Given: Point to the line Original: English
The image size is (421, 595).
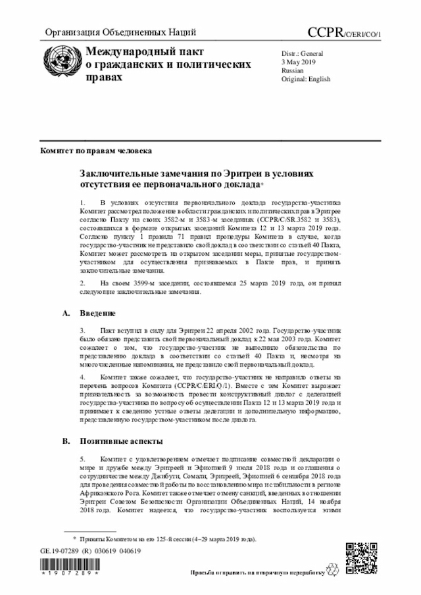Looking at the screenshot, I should pos(307,78).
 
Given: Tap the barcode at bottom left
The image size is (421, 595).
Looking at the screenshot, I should pos(71,565).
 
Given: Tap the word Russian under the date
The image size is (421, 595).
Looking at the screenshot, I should pos(293,69).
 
